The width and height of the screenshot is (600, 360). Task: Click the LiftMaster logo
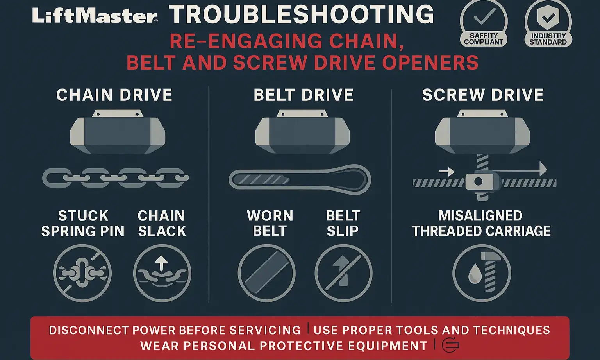click(95, 16)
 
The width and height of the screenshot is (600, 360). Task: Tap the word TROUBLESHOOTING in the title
click(301, 15)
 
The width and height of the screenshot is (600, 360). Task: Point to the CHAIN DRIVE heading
click(114, 95)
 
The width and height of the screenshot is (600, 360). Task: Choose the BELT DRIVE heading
click(304, 95)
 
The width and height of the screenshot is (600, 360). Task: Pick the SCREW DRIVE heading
click(483, 95)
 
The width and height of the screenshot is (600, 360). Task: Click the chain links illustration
click(116, 178)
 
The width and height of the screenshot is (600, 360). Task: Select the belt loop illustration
click(300, 179)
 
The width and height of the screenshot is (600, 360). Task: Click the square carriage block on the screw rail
click(477, 182)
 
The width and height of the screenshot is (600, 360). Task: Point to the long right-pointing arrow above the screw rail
click(520, 170)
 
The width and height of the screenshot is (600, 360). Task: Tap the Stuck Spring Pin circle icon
click(82, 273)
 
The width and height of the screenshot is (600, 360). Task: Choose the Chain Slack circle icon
click(162, 273)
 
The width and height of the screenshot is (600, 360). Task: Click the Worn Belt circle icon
click(266, 273)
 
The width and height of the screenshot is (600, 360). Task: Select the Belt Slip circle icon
click(343, 273)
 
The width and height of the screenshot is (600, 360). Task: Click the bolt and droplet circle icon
click(482, 273)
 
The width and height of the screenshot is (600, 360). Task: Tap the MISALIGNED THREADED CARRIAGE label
click(481, 223)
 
